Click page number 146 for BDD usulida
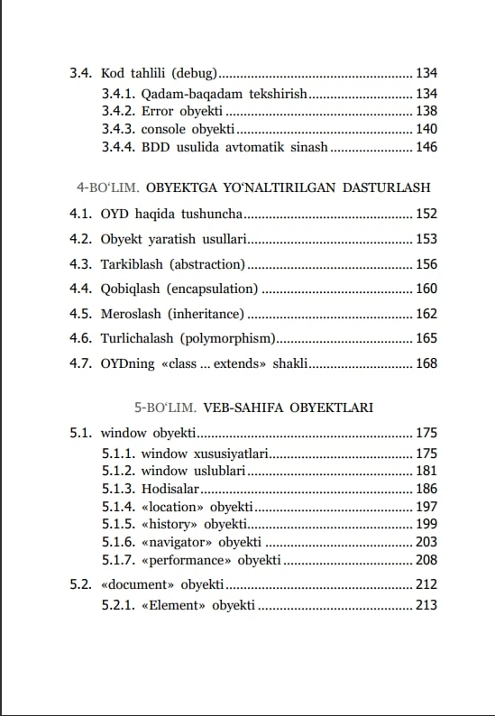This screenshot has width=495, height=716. (426, 147)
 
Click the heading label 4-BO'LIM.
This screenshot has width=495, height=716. (107, 188)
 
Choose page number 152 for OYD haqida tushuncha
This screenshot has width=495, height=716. (426, 214)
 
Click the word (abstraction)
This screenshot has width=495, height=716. (207, 264)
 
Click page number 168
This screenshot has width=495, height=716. (426, 363)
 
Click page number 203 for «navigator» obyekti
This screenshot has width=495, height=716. (426, 542)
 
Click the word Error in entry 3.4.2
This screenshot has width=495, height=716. (158, 111)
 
